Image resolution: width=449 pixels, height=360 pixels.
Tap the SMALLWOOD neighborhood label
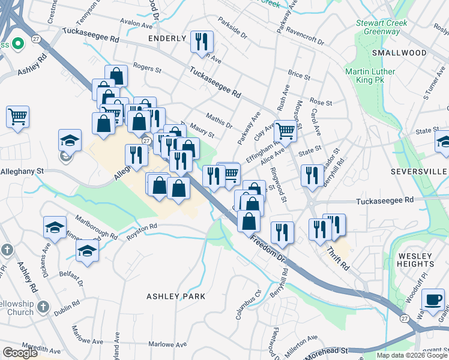click(399, 53)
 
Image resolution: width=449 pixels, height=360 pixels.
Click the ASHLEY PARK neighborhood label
click(176, 296)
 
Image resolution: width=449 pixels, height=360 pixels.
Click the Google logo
click(20, 353)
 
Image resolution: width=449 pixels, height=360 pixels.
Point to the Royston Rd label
click(141, 233)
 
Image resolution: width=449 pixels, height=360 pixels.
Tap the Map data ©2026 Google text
click(411, 355)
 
